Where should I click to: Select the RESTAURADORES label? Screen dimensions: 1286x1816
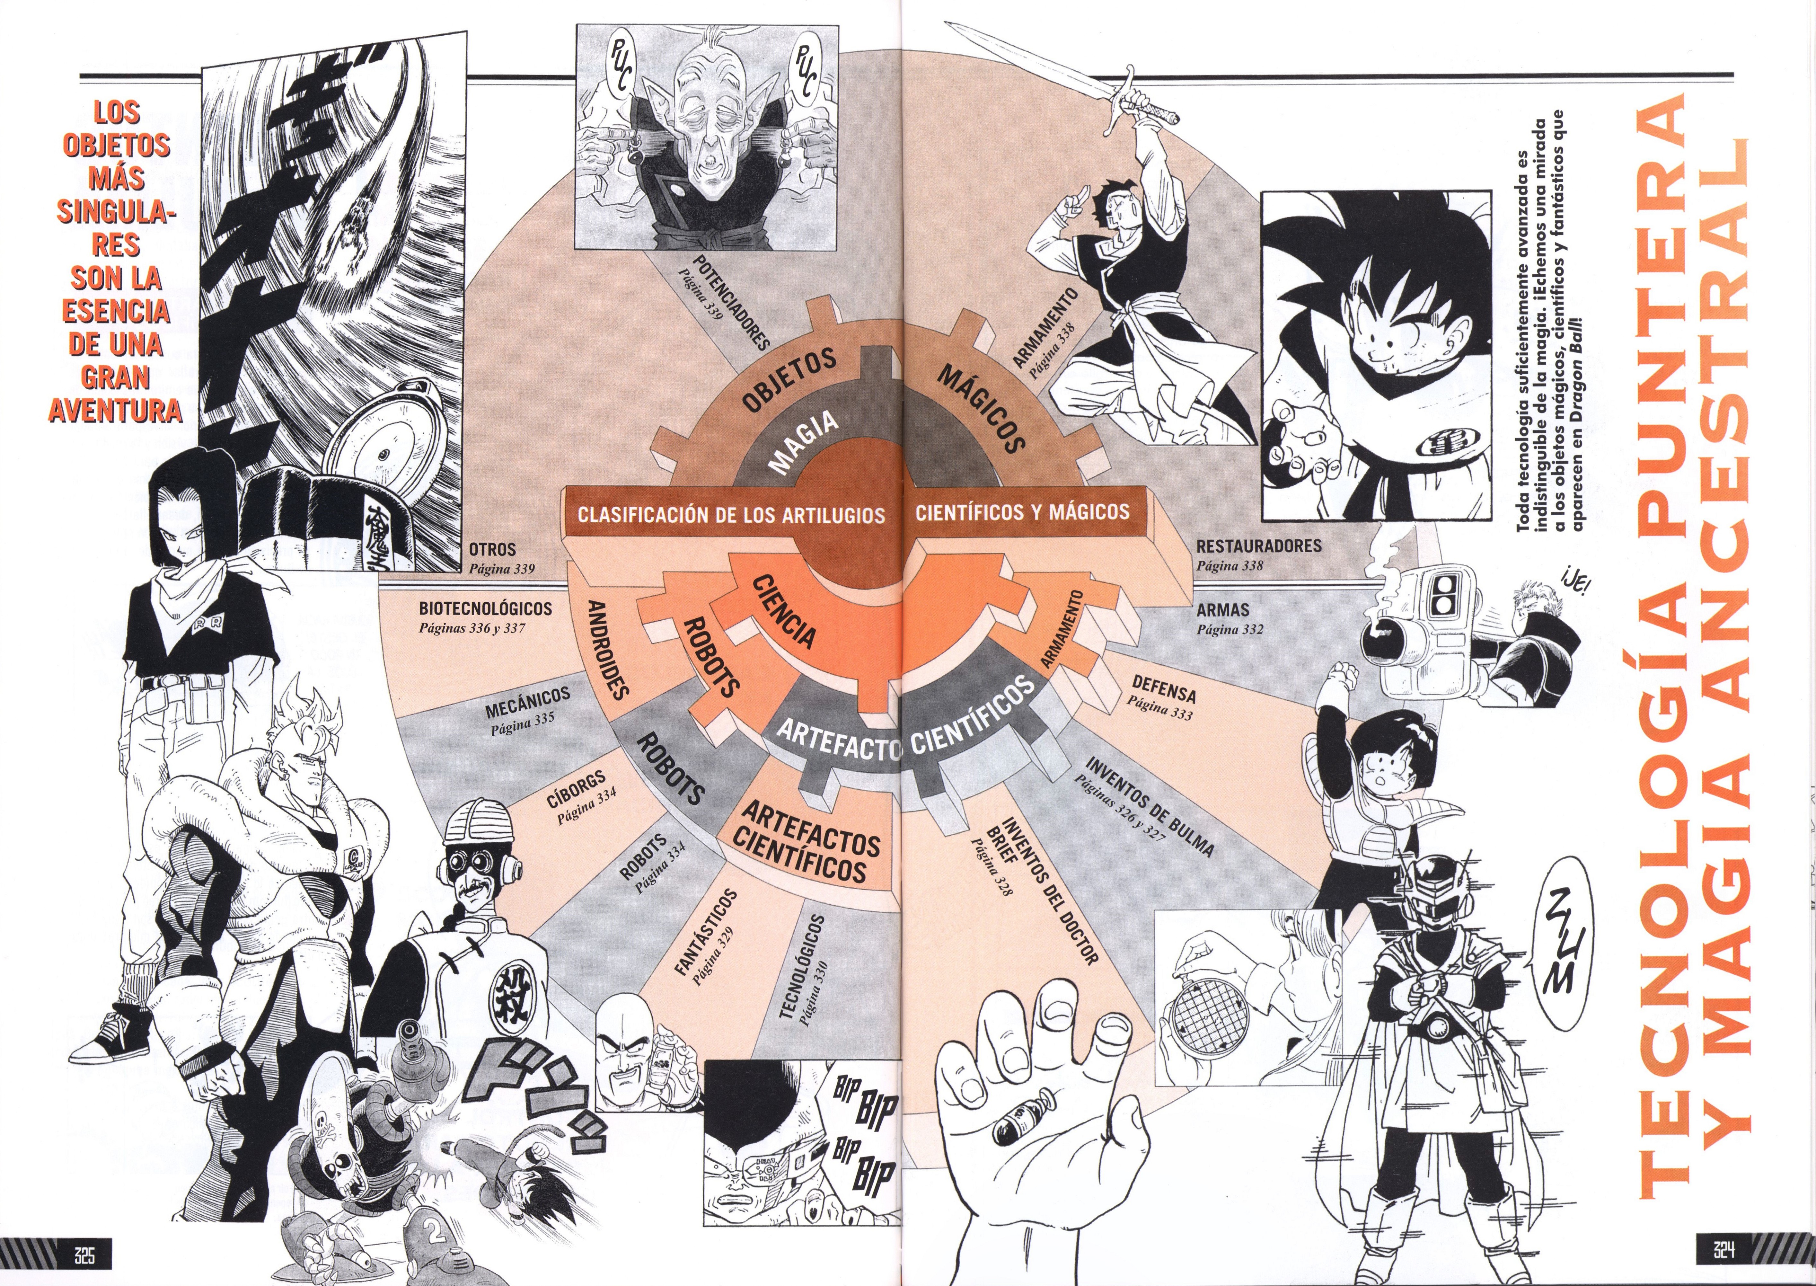pyautogui.click(x=1258, y=545)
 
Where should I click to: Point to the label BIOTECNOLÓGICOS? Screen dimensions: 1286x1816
pyautogui.click(x=484, y=609)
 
